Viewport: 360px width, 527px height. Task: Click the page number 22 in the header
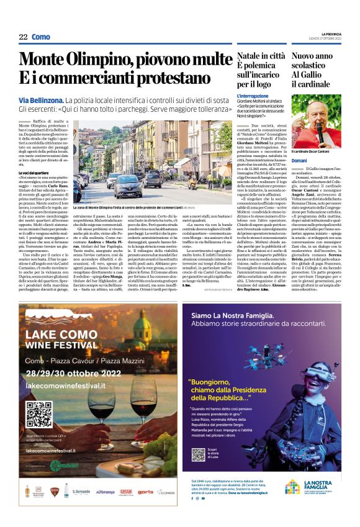pyautogui.click(x=23, y=37)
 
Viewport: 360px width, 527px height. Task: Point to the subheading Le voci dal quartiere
pyautogui.click(x=32, y=172)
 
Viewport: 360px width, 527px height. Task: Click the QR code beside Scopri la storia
pyautogui.click(x=195, y=454)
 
